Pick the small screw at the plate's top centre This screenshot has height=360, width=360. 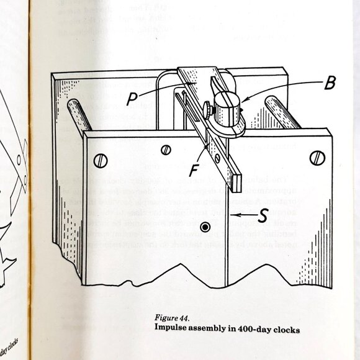pos(166,149)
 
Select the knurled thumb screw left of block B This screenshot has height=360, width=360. pos(208,110)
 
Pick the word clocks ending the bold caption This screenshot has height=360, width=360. pos(286,330)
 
